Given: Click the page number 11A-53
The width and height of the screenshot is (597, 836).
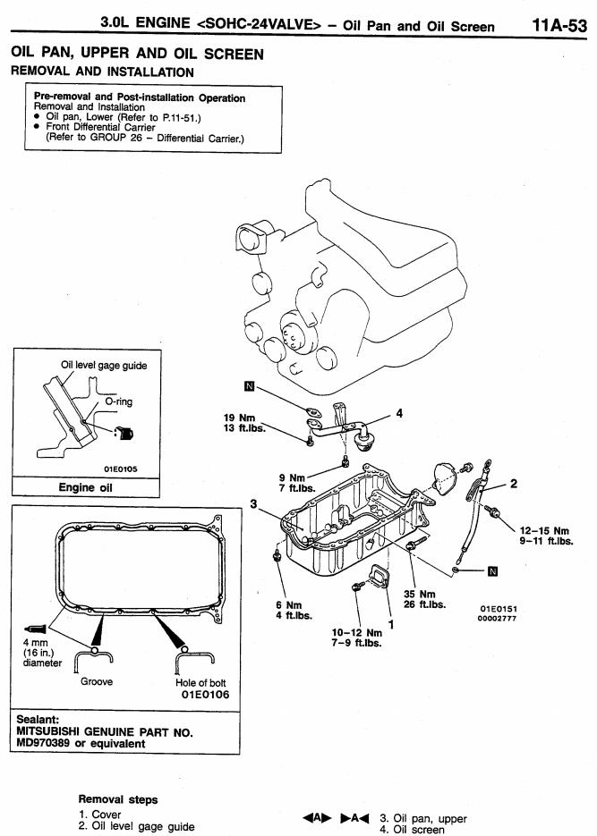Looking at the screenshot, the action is pyautogui.click(x=559, y=25).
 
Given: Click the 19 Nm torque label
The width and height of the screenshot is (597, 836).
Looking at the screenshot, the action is pyautogui.click(x=239, y=418).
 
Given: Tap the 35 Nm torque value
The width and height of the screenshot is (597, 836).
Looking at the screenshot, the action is pyautogui.click(x=420, y=594).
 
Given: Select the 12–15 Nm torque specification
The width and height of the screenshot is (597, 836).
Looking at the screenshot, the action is pyautogui.click(x=545, y=531).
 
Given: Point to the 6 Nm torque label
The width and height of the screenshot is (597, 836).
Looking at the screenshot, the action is pyautogui.click(x=288, y=605).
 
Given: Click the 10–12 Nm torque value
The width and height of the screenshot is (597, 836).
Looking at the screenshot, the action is pyautogui.click(x=357, y=633).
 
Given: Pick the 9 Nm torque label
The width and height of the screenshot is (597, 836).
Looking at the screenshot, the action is pyautogui.click(x=292, y=477).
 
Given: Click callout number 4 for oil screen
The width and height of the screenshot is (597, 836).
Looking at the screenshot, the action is pyautogui.click(x=399, y=413).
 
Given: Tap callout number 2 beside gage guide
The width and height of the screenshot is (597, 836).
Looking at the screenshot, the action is pyautogui.click(x=513, y=484).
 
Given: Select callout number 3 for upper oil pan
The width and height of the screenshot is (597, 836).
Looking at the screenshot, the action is pyautogui.click(x=253, y=504).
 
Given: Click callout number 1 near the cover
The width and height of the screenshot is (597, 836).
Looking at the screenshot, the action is pyautogui.click(x=391, y=624).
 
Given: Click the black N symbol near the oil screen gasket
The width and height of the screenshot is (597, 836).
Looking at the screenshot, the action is pyautogui.click(x=249, y=386).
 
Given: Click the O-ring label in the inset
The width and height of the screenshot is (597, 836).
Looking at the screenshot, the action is pyautogui.click(x=118, y=401).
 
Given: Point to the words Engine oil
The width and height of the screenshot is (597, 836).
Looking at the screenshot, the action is pyautogui.click(x=85, y=487).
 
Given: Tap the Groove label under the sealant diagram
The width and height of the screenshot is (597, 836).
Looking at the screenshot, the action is pyautogui.click(x=97, y=681).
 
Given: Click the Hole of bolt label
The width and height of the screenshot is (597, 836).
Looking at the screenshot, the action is pyautogui.click(x=200, y=682).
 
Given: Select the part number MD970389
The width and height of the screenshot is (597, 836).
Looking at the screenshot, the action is pyautogui.click(x=43, y=743).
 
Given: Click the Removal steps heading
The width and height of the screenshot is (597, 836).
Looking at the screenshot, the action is pyautogui.click(x=118, y=799).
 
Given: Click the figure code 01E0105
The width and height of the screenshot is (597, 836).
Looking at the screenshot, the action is pyautogui.click(x=121, y=469).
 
